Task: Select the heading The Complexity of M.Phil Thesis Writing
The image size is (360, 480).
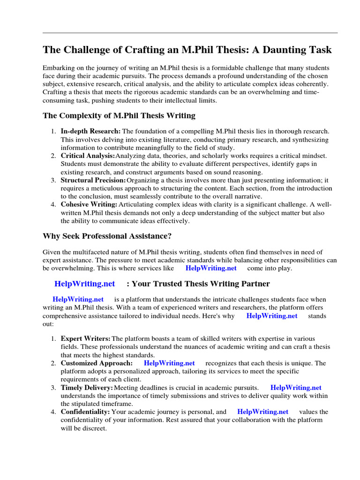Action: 119,115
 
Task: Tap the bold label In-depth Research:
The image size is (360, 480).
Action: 90,132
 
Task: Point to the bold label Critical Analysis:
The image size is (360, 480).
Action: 88,156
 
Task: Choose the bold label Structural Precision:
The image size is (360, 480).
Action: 93,180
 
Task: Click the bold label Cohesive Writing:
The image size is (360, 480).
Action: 89,204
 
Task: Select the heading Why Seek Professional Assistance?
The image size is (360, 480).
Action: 111,236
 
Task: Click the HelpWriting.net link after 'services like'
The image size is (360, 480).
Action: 211,268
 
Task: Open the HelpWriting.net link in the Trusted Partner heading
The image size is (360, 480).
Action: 84,284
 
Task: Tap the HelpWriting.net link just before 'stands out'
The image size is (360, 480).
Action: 271,315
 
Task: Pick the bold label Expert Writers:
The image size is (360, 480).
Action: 86,338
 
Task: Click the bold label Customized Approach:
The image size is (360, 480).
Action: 97,363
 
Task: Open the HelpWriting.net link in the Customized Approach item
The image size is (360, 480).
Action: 169,363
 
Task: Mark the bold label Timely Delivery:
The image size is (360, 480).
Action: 87,387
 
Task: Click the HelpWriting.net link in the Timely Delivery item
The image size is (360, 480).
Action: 296,387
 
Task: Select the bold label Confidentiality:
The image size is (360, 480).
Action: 85,412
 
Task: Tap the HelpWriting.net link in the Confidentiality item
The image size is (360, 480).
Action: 262,412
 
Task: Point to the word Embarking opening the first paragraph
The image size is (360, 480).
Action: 58,68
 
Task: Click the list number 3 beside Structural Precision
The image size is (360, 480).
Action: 53,180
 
